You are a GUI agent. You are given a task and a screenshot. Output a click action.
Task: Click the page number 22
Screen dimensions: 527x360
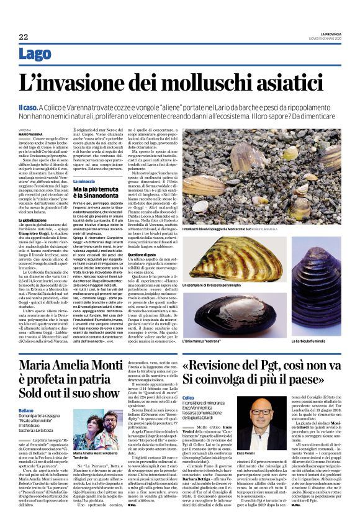[23, 37]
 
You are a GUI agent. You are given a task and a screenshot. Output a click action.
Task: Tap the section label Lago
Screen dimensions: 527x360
[35, 55]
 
